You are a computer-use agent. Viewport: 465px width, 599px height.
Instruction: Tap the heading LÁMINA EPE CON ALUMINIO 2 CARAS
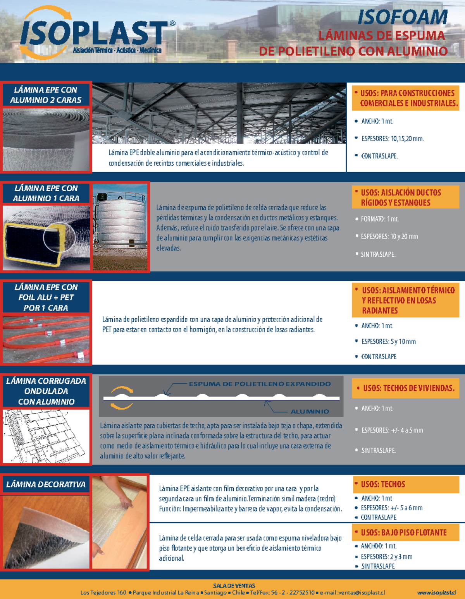pos(46,95)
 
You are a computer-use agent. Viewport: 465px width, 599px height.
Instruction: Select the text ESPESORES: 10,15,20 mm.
pos(392,139)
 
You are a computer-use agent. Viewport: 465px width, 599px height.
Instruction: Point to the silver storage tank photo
pos(121,227)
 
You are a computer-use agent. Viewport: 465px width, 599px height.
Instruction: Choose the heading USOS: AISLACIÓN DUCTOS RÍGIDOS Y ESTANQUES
pos(401,197)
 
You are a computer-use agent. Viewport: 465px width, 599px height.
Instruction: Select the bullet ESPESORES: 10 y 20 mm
pos(389,236)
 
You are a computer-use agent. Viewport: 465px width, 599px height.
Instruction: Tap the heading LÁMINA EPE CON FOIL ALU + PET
pos(46,297)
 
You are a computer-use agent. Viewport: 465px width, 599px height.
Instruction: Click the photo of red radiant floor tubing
pos(46,339)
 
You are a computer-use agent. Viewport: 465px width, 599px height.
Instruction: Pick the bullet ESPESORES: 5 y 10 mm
pos(388,342)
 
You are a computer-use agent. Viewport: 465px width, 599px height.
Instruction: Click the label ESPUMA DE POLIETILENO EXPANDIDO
pos(260,384)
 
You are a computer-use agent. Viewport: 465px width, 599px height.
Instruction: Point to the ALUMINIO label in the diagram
pos(310,411)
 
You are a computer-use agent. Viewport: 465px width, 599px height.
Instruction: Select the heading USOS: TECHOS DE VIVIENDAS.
pos(408,388)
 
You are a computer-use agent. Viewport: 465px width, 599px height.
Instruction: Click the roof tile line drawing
pos(46,436)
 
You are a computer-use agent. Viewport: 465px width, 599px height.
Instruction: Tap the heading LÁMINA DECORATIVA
pos(46,484)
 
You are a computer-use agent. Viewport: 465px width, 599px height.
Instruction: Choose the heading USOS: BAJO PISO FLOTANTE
pos(403,533)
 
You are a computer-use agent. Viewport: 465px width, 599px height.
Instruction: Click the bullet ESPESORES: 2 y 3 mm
pos(386,557)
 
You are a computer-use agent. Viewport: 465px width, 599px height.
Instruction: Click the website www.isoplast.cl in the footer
pos(436,592)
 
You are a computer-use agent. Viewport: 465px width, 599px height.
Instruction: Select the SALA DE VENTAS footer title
pos(234,585)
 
